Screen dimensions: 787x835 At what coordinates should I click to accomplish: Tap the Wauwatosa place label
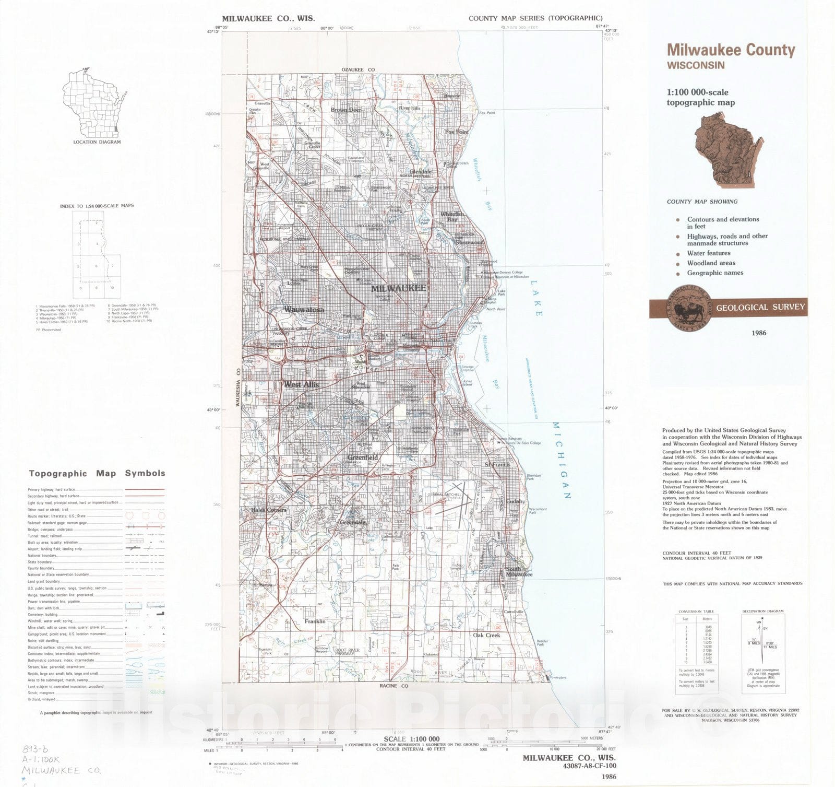(x=304, y=310)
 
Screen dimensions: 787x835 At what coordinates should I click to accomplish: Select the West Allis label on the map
(x=301, y=385)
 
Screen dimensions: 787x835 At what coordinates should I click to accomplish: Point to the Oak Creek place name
(x=486, y=636)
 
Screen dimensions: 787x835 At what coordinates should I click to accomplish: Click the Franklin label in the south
(x=315, y=621)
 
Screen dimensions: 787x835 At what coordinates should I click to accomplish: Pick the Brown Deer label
(x=345, y=110)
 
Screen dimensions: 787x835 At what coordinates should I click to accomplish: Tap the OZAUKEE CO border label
(x=358, y=70)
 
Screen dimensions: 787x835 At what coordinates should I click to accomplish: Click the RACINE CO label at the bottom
(x=394, y=686)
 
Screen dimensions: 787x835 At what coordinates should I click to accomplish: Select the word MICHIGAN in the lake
(x=560, y=460)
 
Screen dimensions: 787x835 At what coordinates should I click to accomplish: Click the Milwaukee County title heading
(x=731, y=50)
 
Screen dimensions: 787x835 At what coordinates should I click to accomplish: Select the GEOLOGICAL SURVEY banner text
(x=760, y=308)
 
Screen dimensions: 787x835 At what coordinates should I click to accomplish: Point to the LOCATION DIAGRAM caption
(x=97, y=142)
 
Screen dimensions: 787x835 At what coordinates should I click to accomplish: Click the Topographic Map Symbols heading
(x=97, y=474)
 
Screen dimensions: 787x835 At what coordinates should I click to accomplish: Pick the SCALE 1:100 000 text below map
(x=411, y=739)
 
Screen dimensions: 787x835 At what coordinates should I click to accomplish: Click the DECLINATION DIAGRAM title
(x=762, y=611)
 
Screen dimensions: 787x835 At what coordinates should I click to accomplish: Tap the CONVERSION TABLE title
(x=696, y=612)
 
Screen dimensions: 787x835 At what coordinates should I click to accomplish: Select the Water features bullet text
(x=708, y=253)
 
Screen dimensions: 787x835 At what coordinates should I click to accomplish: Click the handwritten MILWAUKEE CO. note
(x=62, y=771)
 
